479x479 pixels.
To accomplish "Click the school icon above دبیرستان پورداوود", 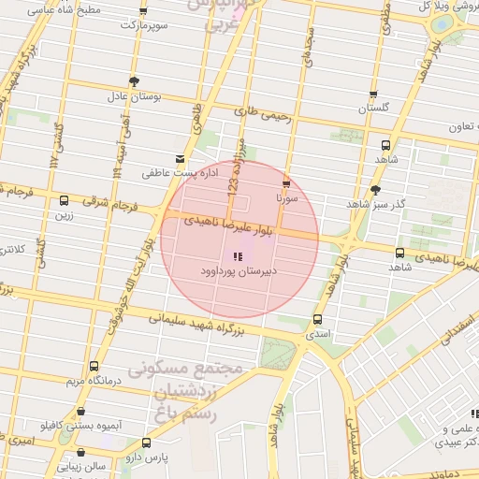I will tap(235, 255).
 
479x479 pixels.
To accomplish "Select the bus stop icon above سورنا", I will tap(285, 184).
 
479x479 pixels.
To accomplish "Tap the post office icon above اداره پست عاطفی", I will tap(180, 159).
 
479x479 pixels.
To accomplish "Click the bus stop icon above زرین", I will tap(64, 200).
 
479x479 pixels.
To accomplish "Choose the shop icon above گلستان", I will tap(374, 94).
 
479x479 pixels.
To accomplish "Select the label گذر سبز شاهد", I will tap(376, 204).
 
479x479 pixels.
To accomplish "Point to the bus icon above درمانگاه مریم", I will tap(93, 367).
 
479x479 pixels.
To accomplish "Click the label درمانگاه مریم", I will tap(93, 382).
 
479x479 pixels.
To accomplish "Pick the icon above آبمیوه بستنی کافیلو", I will tap(81, 411).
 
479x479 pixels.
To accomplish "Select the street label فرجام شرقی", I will tap(109, 201).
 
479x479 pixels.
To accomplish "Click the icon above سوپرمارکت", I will tap(143, 10).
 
